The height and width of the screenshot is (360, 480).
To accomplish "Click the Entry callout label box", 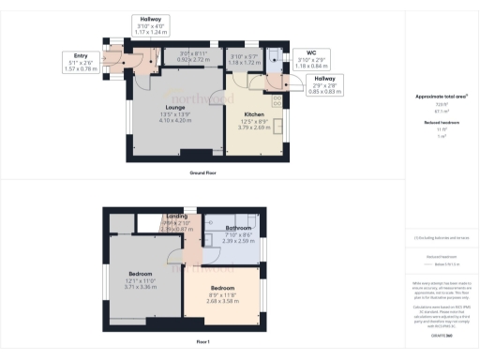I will pos(74,61).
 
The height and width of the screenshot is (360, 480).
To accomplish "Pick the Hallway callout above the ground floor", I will pos(150,25).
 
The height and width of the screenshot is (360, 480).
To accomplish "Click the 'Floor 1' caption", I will pos(202,343).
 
